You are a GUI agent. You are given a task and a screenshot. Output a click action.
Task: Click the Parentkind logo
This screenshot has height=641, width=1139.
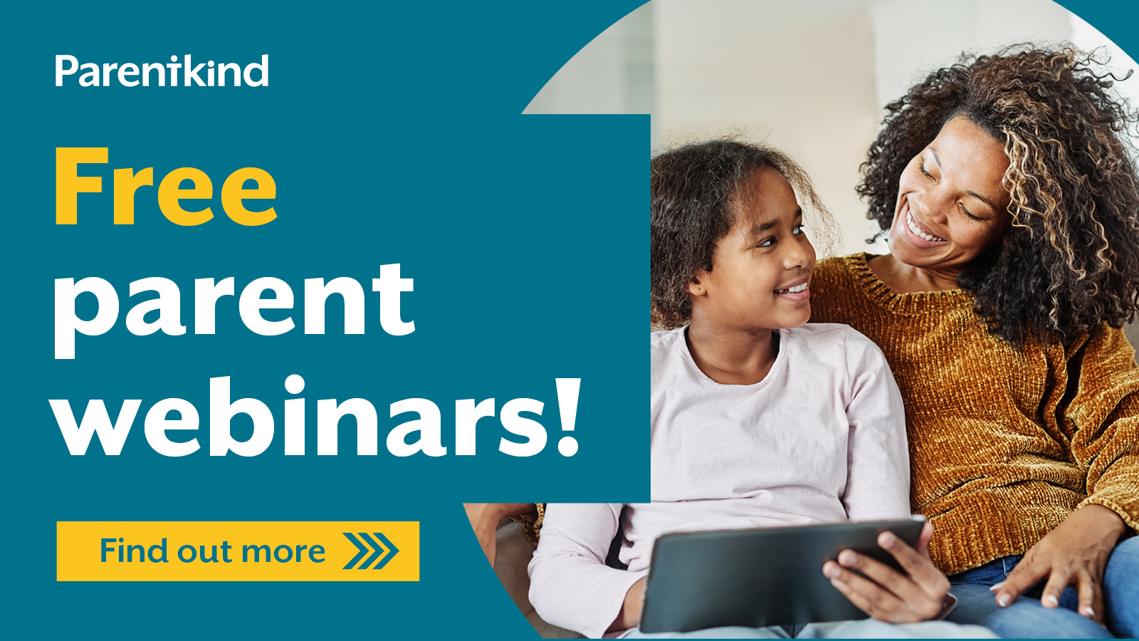tap(162, 71)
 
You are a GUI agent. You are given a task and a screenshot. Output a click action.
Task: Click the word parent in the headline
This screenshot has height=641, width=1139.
tap(235, 303)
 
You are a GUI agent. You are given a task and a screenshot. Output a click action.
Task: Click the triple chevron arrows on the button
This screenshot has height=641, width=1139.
tap(371, 551)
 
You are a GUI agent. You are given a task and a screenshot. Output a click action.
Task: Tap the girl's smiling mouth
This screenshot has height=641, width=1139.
tap(794, 291)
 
